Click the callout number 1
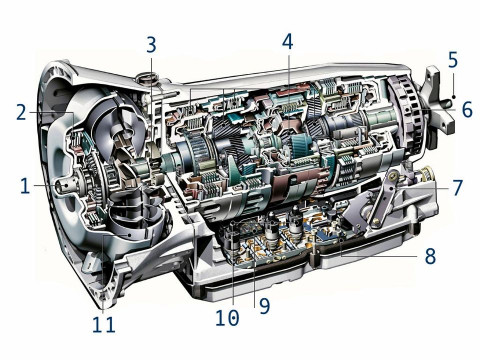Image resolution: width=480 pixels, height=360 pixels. [25, 186]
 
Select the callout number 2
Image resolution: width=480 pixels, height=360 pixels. [21, 112]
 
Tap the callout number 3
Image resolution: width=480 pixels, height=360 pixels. [151, 45]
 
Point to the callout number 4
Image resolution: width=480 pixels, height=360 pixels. [288, 42]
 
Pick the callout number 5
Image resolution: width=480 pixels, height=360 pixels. [453, 60]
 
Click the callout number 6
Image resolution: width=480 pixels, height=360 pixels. [467, 110]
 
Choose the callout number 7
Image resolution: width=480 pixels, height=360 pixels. [458, 187]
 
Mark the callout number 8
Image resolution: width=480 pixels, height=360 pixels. [430, 256]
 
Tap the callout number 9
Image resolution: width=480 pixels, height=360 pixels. [264, 306]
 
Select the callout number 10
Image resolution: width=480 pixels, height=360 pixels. [227, 317]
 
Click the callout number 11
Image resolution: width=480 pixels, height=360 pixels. [104, 324]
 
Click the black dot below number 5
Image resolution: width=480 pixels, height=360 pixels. [454, 97]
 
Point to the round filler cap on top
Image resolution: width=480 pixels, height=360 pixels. [147, 79]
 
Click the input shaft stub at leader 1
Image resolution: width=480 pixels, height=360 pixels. [66, 185]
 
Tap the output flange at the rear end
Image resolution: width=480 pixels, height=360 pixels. [436, 107]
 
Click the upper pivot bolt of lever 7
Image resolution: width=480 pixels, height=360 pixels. [394, 175]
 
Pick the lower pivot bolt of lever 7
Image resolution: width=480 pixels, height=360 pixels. [376, 221]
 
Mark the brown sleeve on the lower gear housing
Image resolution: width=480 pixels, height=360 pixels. [292, 187]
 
